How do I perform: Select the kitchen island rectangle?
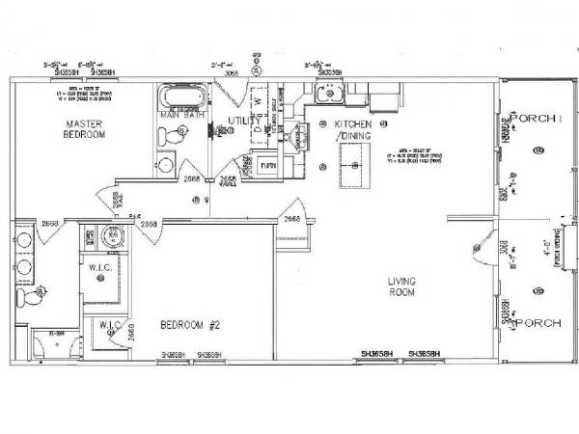(x=353, y=176)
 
